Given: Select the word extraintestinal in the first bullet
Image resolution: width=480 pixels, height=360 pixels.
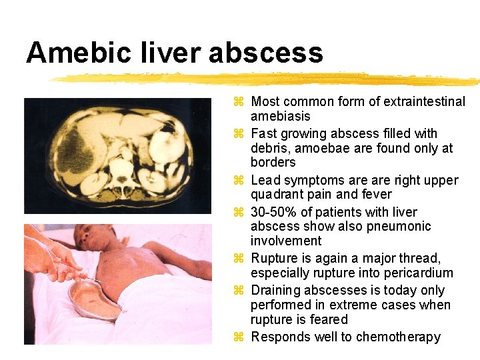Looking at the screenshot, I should [x=423, y=102].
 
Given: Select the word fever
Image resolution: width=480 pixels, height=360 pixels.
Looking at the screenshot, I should [x=377, y=194].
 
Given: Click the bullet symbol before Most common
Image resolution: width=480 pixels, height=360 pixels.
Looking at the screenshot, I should [x=240, y=102].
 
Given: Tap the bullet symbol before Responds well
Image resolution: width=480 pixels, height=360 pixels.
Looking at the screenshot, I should [x=240, y=337].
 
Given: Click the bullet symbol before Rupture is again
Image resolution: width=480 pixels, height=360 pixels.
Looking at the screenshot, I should [x=240, y=258].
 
